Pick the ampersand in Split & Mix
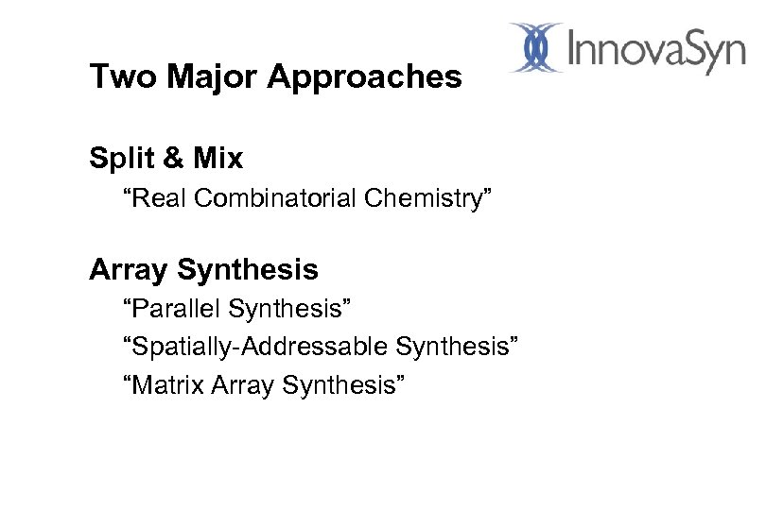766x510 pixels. pyautogui.click(x=172, y=160)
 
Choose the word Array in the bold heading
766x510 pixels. pyautogui.click(x=125, y=271)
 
